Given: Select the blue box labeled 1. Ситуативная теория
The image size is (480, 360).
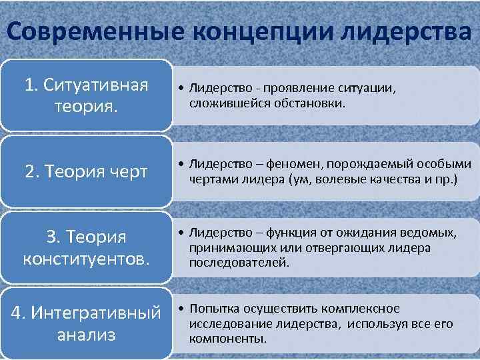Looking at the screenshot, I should tap(85, 95).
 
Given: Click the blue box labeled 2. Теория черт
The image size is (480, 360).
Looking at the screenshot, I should tap(85, 171).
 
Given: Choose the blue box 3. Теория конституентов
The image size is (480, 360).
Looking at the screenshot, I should tap(85, 247).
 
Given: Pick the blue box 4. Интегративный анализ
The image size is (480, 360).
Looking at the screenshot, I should tap(85, 323).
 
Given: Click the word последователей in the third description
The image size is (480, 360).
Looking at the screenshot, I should tap(239, 262).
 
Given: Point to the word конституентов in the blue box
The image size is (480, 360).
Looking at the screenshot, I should tap(85, 258).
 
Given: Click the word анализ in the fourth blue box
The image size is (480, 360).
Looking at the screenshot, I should tap(85, 334).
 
